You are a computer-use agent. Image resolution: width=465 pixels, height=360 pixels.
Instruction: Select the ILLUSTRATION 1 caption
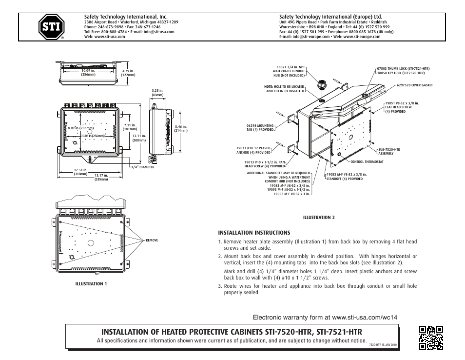point(91,283)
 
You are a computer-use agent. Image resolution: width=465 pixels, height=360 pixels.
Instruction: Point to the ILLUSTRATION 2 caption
point(319,217)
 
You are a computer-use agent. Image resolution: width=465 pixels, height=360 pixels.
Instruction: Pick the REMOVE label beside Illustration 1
point(152,240)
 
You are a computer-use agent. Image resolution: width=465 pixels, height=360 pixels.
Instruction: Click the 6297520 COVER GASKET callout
point(414,85)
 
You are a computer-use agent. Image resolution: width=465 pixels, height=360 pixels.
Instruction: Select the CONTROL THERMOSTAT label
point(367,161)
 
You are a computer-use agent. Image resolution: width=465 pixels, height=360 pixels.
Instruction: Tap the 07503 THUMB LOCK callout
point(403,68)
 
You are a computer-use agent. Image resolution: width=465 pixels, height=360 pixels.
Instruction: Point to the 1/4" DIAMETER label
point(142,167)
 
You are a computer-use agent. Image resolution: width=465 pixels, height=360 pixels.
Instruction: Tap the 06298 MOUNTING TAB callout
point(260,128)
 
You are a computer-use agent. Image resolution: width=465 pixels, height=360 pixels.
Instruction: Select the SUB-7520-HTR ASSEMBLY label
point(389,151)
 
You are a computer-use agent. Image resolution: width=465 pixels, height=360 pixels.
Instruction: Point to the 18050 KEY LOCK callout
point(401,73)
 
